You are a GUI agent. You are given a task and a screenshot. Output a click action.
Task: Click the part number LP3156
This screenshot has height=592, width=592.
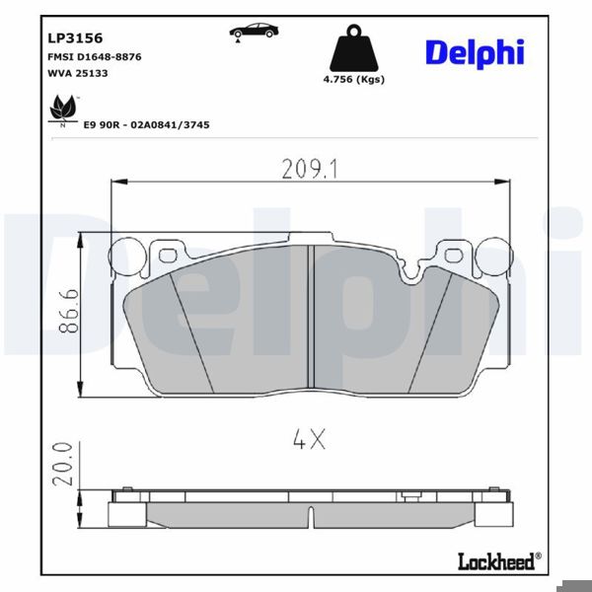[x=75, y=38]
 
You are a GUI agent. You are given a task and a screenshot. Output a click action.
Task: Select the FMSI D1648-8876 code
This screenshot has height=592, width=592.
[x=94, y=57]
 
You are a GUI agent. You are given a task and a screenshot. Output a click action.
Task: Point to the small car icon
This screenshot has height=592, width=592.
[x=254, y=31]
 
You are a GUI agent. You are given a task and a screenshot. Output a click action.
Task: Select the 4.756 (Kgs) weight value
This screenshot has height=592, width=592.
[x=354, y=79]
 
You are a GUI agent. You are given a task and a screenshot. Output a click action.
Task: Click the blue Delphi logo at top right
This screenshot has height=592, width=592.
[x=475, y=51]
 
